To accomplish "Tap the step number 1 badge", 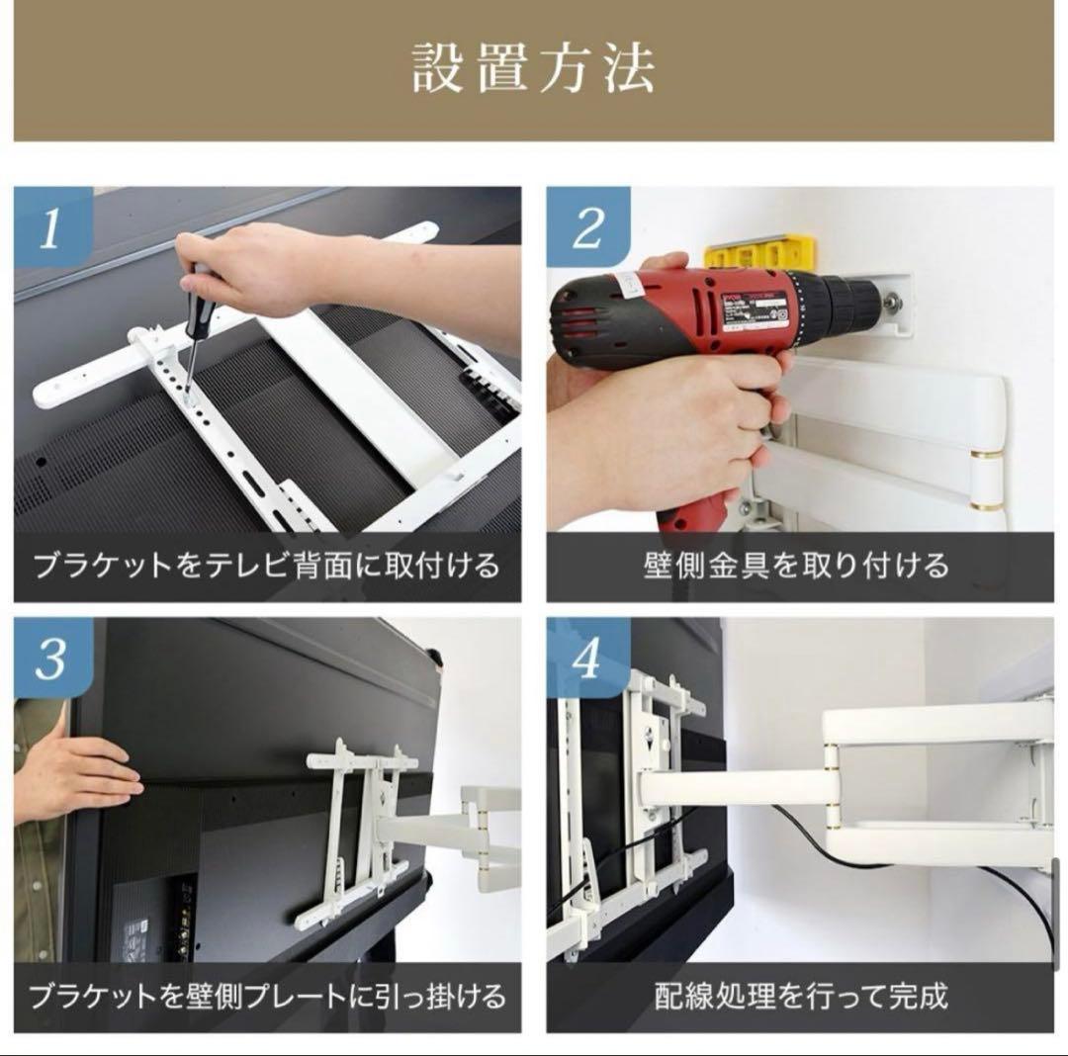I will click(49, 229).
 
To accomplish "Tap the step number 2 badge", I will click(586, 229).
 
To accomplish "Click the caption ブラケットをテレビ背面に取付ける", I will click(267, 566).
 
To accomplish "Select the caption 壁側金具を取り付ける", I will click(799, 566).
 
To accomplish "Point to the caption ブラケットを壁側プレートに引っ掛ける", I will click(267, 995).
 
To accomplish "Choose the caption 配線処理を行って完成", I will click(799, 995).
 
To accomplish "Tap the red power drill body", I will click(692, 307).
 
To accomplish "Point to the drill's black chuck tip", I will click(875, 296).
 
